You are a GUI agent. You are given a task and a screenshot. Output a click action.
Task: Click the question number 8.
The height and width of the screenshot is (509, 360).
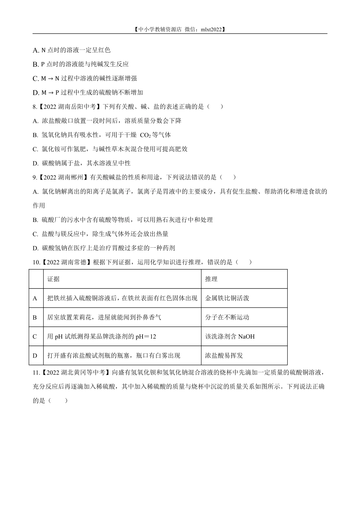click(x=34, y=107)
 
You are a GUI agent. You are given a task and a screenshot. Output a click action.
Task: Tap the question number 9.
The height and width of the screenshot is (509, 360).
click(x=34, y=177)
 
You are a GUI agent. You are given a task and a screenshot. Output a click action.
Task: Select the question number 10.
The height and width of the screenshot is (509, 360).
click(x=36, y=262)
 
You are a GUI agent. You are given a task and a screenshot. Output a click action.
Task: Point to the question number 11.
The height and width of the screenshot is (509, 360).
click(x=36, y=373)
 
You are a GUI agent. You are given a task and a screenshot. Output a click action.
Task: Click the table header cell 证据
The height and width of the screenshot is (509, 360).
click(x=53, y=279)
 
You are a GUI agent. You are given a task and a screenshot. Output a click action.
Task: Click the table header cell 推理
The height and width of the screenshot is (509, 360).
click(x=211, y=279)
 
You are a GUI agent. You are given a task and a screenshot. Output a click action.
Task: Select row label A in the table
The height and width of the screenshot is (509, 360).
click(x=35, y=298)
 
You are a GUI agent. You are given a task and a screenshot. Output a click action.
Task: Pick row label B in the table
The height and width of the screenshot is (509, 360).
click(x=35, y=317)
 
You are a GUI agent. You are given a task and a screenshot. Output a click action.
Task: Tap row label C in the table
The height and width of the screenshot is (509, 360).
click(x=35, y=336)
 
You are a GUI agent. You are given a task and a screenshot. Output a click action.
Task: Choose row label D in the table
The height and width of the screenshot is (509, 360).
click(x=35, y=356)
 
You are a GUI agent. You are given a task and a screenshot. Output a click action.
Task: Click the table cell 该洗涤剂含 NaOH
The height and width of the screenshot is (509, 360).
click(x=230, y=336)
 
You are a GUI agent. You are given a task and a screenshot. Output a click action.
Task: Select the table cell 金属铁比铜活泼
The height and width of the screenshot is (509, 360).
click(x=227, y=298)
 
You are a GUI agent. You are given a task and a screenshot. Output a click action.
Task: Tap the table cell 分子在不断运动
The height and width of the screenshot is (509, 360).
click(x=227, y=317)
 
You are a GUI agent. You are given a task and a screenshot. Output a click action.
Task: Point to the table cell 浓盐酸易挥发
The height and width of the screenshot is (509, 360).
click(x=224, y=356)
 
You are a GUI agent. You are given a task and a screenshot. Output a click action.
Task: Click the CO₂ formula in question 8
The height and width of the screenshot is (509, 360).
click(x=145, y=135)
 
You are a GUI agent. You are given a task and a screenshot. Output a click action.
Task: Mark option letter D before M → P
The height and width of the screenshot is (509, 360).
click(x=36, y=93)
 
